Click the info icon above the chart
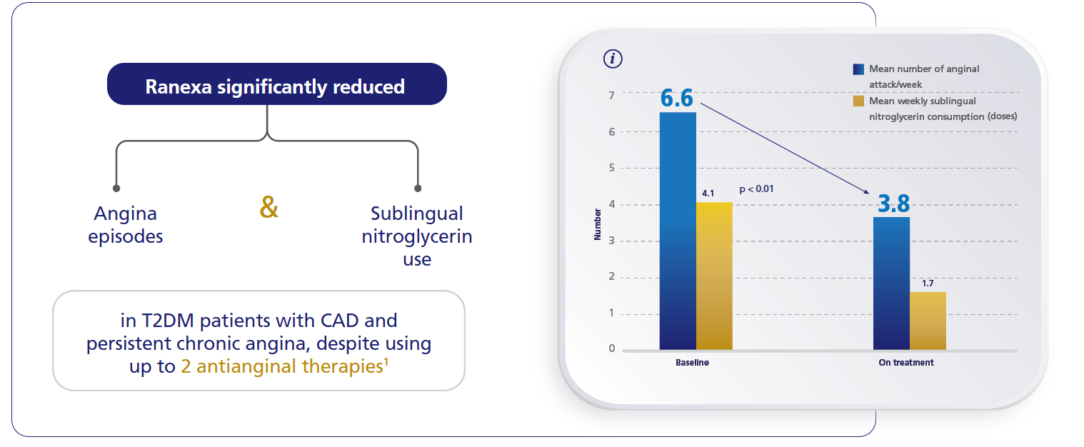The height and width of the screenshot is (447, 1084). [612, 59]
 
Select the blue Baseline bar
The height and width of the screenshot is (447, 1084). [678, 231]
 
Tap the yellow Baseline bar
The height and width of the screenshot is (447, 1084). [714, 276]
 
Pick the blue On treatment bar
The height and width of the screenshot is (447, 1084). [891, 283]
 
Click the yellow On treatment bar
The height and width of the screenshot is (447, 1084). [928, 321]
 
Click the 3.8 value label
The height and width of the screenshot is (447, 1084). [893, 204]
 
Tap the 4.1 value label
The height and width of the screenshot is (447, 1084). [708, 193]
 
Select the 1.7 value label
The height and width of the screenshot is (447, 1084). [928, 283]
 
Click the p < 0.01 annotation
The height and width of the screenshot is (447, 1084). [756, 189]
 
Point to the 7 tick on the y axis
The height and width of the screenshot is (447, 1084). [611, 94]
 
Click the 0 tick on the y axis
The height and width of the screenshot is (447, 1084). [611, 348]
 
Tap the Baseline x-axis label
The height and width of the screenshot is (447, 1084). [692, 363]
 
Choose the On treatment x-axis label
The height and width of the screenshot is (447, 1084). [905, 363]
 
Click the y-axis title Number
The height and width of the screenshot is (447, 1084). [598, 224]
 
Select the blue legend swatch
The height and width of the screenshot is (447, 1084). [858, 69]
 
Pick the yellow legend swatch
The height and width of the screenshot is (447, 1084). [858, 101]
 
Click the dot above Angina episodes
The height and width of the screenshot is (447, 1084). [116, 189]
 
